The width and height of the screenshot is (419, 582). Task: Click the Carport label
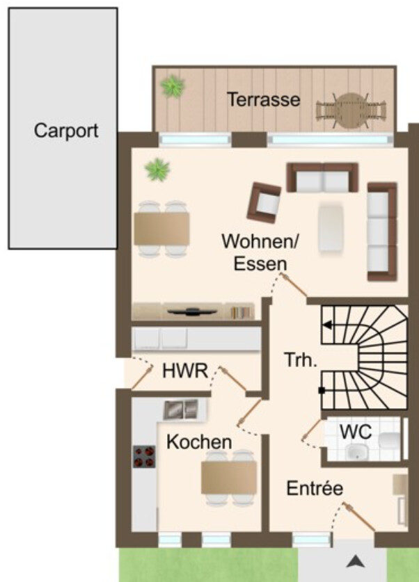click(66, 131)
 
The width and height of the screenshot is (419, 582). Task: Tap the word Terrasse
click(263, 99)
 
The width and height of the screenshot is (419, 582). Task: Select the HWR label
click(185, 371)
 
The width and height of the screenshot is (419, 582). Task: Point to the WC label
click(356, 431)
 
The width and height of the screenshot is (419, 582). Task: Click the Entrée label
click(315, 487)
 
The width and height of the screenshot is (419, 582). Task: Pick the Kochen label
click(199, 442)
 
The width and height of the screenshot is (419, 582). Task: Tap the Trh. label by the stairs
click(301, 359)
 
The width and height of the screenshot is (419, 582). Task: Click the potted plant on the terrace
click(173, 86)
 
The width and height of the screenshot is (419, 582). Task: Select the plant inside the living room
click(157, 170)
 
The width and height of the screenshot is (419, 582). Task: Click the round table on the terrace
click(351, 111)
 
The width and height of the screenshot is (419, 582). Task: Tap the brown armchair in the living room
click(264, 202)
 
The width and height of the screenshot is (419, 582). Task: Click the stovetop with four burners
click(144, 457)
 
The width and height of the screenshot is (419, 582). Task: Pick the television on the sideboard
click(191, 312)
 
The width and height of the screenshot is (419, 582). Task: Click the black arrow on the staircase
click(327, 325)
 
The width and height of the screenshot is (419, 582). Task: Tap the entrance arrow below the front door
click(356, 561)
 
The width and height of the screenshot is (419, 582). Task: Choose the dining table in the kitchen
click(229, 477)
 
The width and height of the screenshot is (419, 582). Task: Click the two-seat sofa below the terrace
click(322, 177)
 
